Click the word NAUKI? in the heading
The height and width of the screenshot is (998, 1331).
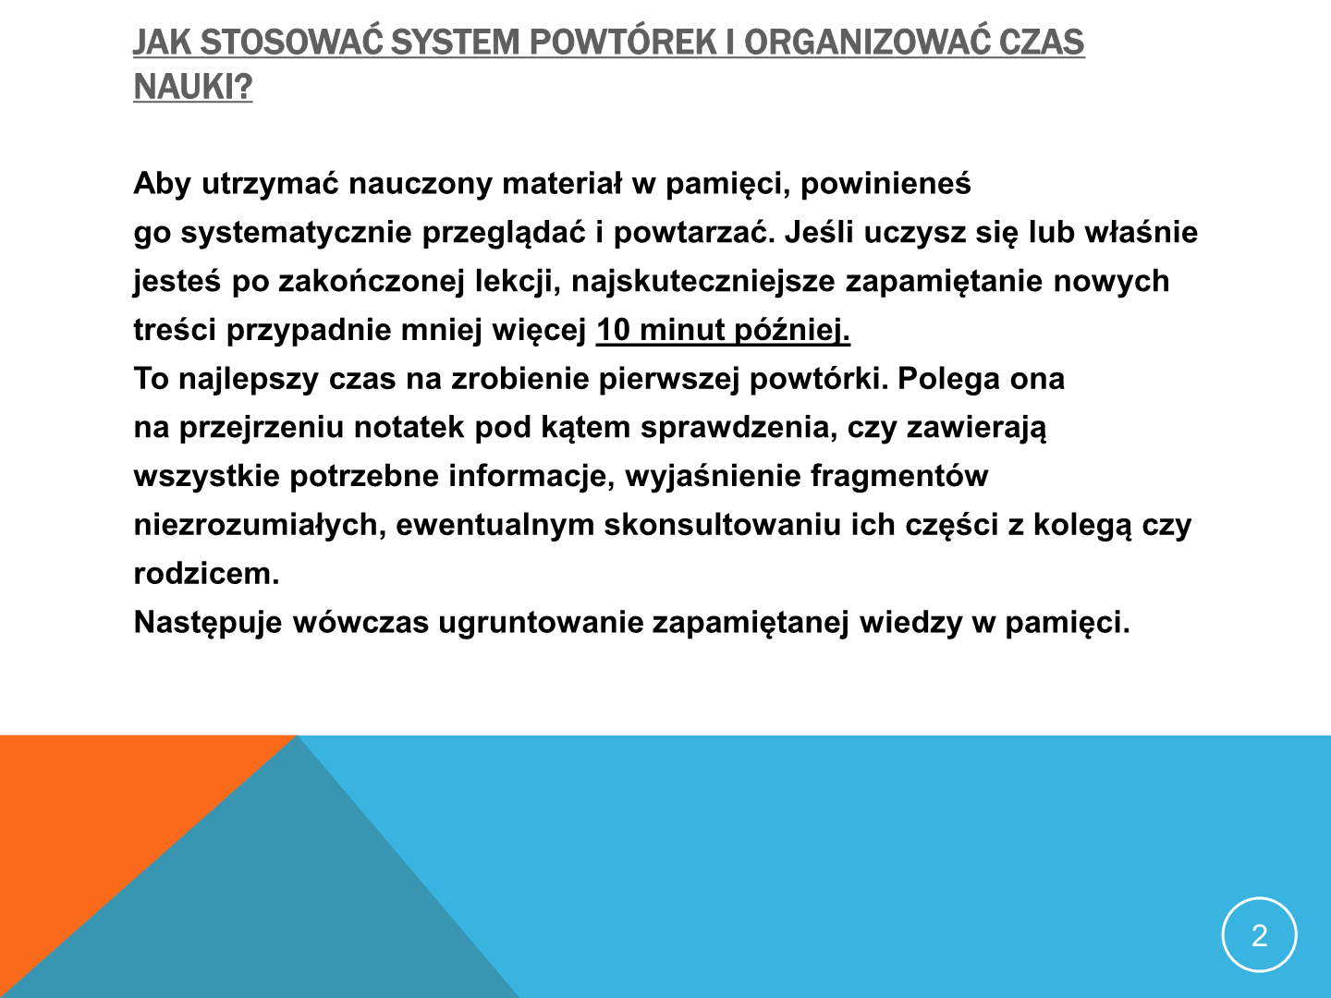pyautogui.click(x=193, y=86)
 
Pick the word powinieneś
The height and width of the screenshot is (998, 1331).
pyautogui.click(x=885, y=184)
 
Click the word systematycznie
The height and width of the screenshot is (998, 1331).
pyautogui.click(x=296, y=233)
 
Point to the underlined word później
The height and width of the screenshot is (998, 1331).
pyautogui.click(x=792, y=331)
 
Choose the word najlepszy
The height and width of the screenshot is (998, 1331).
pyautogui.click(x=249, y=379)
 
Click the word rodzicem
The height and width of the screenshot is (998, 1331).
pyautogui.click(x=206, y=573)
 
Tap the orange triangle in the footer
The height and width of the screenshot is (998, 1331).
pyautogui.click(x=91, y=806)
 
